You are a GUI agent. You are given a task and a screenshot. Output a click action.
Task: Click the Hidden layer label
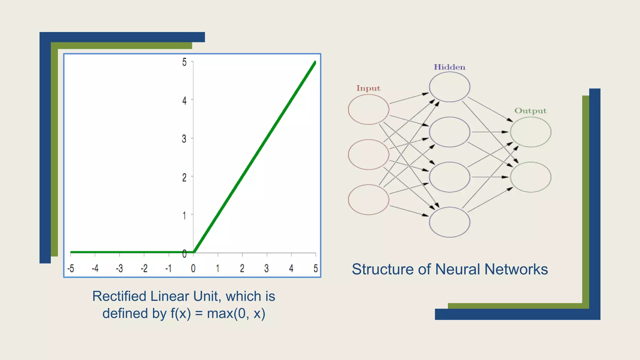click(449, 67)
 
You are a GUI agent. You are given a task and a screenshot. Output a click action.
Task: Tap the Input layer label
click(368, 88)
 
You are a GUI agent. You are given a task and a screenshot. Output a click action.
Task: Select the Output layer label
click(530, 111)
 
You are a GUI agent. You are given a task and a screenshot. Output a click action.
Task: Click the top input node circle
click(369, 109)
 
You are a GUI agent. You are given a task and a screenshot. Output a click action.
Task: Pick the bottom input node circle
click(369, 200)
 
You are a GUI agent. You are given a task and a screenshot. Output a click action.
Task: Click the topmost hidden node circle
click(449, 87)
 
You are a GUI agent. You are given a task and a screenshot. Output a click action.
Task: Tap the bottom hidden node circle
click(449, 222)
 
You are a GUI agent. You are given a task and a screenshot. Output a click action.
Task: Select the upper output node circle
click(531, 132)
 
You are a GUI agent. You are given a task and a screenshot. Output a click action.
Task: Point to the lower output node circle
click(531, 177)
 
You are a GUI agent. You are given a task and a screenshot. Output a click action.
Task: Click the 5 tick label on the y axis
click(184, 62)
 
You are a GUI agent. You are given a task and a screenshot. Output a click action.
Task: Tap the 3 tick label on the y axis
click(184, 139)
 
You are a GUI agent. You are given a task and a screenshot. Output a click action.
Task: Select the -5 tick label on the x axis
click(71, 268)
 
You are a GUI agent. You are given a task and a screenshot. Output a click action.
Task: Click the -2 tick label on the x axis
click(144, 268)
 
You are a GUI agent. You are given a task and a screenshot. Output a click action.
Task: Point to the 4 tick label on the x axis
click(291, 268)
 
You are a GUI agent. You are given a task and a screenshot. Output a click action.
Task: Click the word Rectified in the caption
click(119, 296)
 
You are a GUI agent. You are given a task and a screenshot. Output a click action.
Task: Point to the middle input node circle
click(369, 155)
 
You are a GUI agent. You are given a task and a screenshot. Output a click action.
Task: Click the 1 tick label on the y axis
click(184, 216)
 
